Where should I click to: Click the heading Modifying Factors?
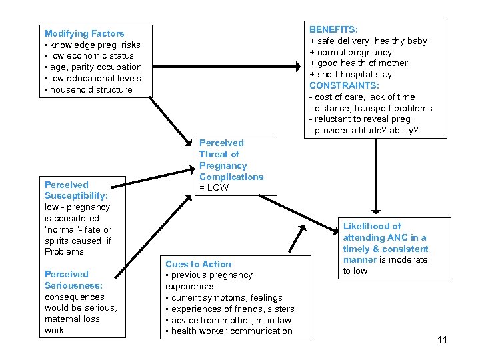coord(84,33)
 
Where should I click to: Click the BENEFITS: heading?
coord(333,30)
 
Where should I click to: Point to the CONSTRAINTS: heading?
coord(345,85)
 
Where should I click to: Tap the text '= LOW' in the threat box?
coord(214,187)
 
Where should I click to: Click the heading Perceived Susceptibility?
coord(76,190)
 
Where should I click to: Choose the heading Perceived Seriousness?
coord(73,280)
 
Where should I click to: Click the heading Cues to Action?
coord(198,265)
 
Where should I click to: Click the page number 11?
coord(442,340)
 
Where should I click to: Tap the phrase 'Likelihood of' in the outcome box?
coord(372,227)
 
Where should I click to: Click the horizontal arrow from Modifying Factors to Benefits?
coord(227,66)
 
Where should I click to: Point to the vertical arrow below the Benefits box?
coord(375,173)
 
